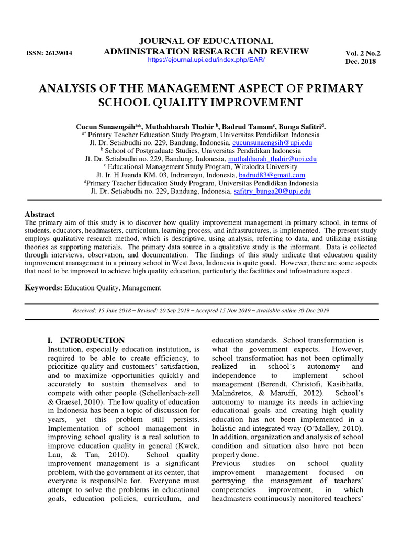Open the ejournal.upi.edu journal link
click(x=206, y=60)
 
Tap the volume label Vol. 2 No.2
click(x=363, y=53)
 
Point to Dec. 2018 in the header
click(x=361, y=61)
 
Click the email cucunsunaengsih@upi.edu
click(x=272, y=142)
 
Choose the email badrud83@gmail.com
click(x=272, y=175)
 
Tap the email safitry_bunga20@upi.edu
click(x=272, y=192)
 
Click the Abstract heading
click(x=40, y=215)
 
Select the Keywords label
click(x=44, y=288)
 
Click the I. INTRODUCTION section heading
click(x=86, y=340)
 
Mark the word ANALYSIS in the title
click(x=69, y=88)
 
